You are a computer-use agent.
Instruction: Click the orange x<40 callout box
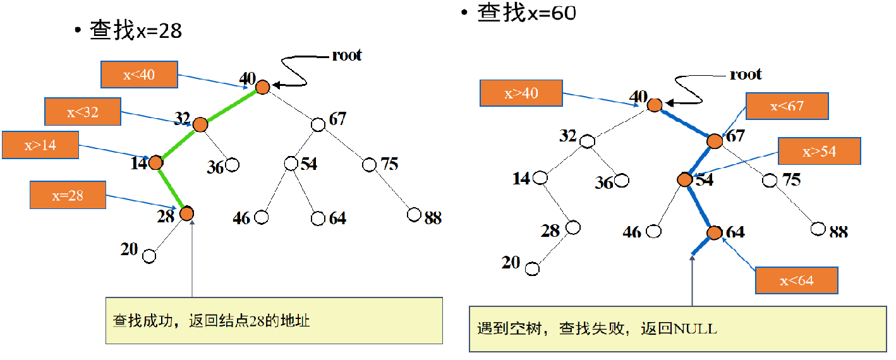tap(139, 75)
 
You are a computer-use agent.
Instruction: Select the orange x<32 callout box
tap(83, 112)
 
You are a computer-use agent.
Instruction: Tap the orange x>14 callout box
tap(40, 145)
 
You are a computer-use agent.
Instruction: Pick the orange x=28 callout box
tap(68, 195)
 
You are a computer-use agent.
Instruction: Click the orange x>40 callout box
tap(521, 93)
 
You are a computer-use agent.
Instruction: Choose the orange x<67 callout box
tap(787, 106)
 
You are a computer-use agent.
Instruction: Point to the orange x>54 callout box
tap(819, 152)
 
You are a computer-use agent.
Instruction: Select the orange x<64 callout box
tap(796, 280)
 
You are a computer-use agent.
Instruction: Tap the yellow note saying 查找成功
tap(274, 320)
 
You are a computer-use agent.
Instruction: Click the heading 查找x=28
tap(136, 30)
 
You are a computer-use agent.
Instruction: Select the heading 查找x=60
tap(526, 12)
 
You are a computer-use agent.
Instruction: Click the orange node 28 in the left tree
tap(186, 213)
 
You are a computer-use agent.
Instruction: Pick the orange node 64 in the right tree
tap(715, 233)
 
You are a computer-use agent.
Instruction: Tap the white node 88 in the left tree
tap(414, 215)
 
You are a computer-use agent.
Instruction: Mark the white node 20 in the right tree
tap(533, 268)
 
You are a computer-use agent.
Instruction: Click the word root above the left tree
tap(347, 55)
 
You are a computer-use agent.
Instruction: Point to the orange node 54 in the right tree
tap(685, 180)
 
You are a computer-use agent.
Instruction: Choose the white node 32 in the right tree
tap(587, 140)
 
